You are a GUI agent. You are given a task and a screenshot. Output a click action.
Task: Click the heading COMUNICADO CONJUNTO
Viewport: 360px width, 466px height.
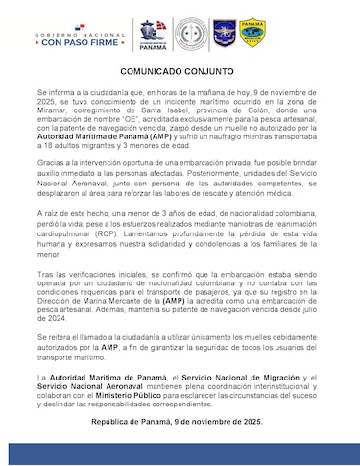[180, 72]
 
